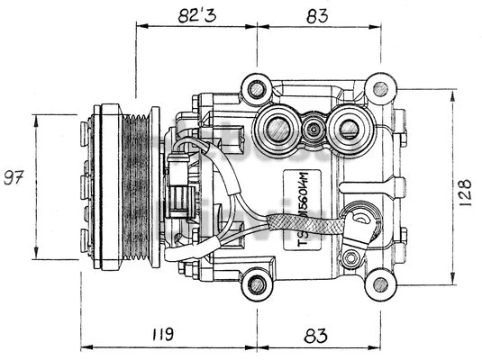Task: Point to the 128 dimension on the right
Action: pyautogui.click(x=465, y=191)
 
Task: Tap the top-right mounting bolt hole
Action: pyautogui.click(x=381, y=88)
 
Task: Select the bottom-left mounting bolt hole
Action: pyautogui.click(x=258, y=284)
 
